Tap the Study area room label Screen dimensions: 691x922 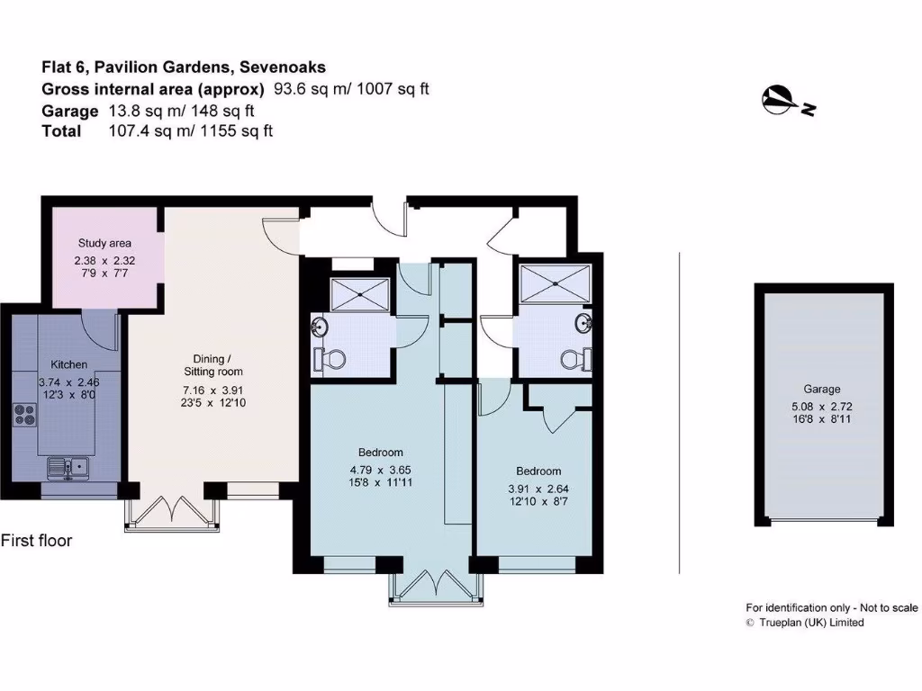click(x=104, y=243)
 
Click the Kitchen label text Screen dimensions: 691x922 click(x=69, y=364)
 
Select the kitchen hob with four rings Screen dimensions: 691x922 click(x=24, y=415)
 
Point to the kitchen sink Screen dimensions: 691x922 click(x=68, y=466)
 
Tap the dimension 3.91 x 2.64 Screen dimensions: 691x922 click(x=538, y=488)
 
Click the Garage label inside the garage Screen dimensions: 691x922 click(x=822, y=390)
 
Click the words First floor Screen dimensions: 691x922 click(x=36, y=541)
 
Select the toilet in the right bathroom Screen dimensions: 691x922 click(x=574, y=360)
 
